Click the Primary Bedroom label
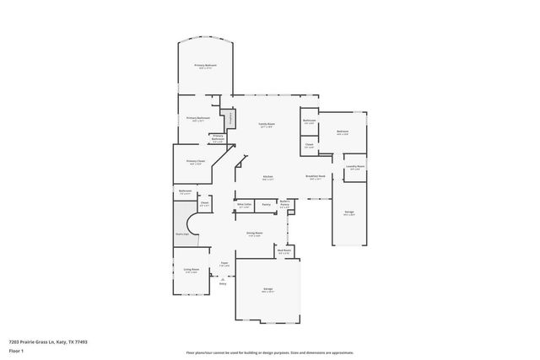point(206,66)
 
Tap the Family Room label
point(266,124)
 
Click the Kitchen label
point(267,178)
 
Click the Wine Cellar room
point(245,205)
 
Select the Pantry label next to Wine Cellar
point(266,204)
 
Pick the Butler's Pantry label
point(284,203)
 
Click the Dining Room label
point(254,233)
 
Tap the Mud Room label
point(284,250)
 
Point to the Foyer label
point(224,264)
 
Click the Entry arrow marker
point(223,282)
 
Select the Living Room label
point(191,270)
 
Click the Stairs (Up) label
point(181,234)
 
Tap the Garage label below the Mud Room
point(267,289)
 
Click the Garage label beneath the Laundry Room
point(348,212)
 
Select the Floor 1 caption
point(16,349)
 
